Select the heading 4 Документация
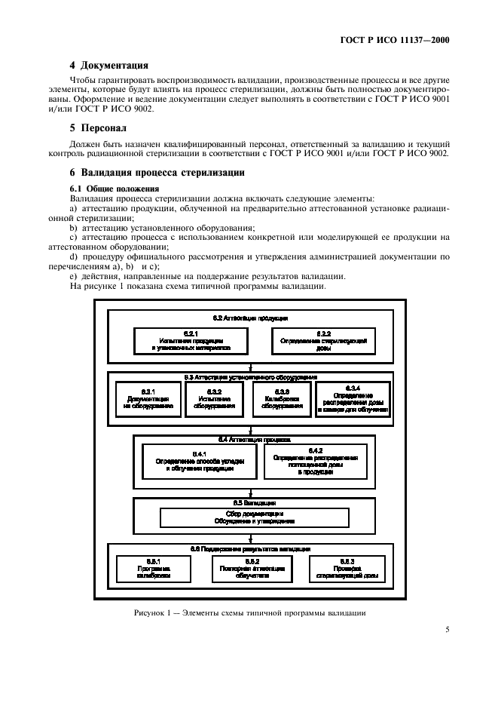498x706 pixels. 108,65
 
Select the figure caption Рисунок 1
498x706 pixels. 249,612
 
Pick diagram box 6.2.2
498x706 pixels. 325,340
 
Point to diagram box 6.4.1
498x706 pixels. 200,459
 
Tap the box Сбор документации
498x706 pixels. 254,517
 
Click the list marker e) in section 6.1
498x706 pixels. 73,275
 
